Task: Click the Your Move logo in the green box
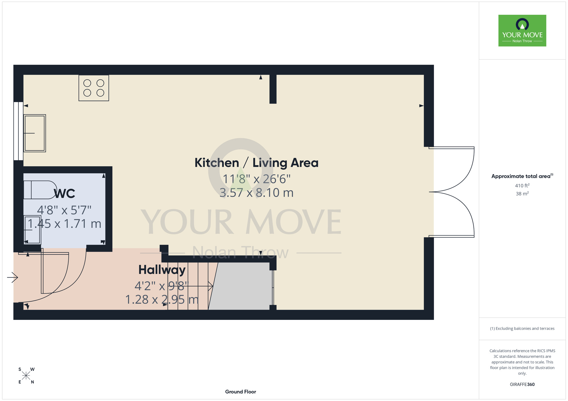click(x=522, y=31)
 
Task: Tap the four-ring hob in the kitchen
click(x=94, y=88)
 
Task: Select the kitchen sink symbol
click(x=35, y=133)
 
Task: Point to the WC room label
click(x=64, y=194)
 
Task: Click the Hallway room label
click(x=162, y=270)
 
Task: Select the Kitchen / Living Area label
click(x=256, y=163)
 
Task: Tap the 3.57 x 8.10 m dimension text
click(x=256, y=193)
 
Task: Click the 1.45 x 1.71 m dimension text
click(x=64, y=224)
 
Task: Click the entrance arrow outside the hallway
click(x=12, y=277)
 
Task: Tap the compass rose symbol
click(x=26, y=376)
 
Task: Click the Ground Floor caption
click(x=241, y=392)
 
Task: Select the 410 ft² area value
click(x=522, y=185)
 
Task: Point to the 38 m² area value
click(x=522, y=194)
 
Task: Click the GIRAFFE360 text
click(x=522, y=385)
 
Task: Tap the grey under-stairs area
click(x=241, y=286)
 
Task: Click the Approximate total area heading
click(x=522, y=176)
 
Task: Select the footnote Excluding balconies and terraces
click(x=522, y=328)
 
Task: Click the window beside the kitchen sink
click(x=18, y=131)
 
